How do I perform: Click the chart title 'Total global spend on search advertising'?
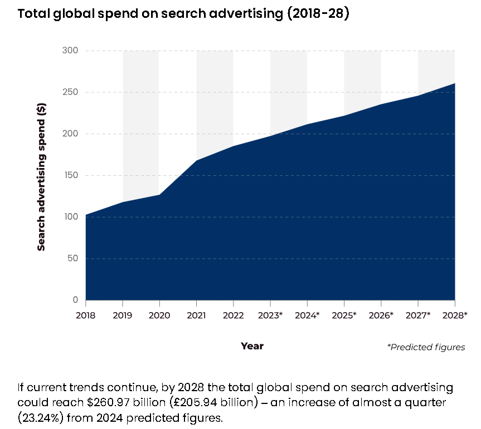183,14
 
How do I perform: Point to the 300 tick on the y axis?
70,51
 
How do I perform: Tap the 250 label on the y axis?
70,92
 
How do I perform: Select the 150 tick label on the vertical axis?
70,175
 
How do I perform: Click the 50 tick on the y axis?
72,259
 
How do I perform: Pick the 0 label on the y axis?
75,300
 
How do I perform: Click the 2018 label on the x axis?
86,315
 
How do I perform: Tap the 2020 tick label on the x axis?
159,315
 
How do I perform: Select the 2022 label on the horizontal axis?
234,315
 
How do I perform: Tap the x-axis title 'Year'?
252,346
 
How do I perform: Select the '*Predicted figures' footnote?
426,347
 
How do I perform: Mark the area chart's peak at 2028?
455,83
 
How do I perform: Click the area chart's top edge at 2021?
196,160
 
